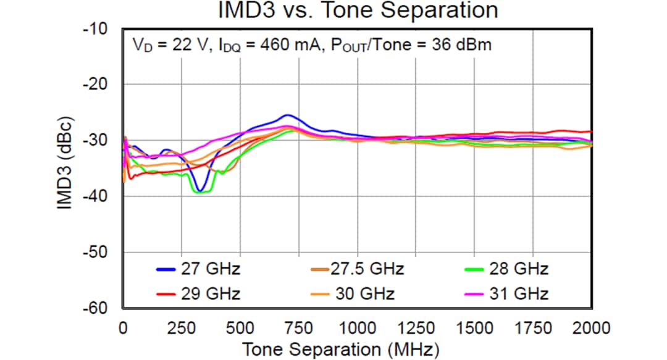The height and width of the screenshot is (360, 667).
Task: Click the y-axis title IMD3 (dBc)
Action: [x=66, y=163]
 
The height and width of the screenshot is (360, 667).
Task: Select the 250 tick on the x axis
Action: [x=182, y=327]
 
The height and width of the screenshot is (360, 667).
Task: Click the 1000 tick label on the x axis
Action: [x=357, y=327]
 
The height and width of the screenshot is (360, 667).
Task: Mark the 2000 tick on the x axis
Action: [x=592, y=327]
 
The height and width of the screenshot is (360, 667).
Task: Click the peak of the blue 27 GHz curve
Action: [x=287, y=115]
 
